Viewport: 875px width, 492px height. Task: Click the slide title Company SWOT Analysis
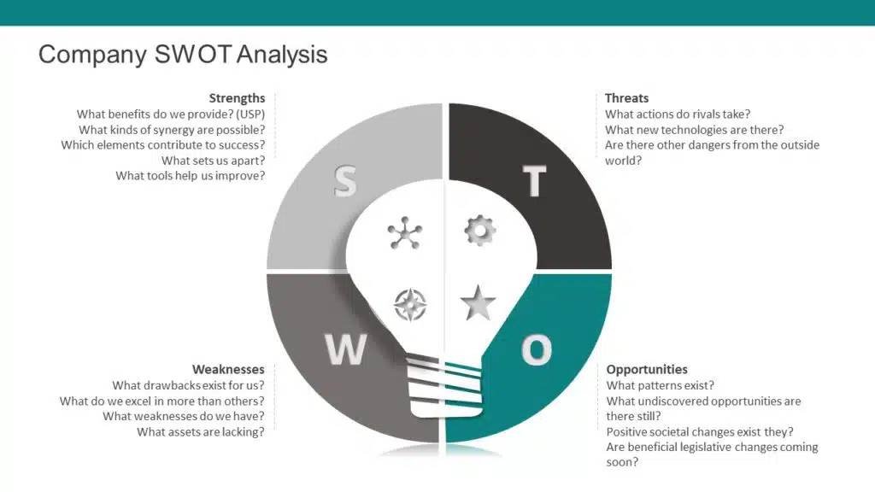point(183,55)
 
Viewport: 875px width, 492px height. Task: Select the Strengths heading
point(238,98)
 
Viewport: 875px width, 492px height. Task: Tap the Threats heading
point(626,98)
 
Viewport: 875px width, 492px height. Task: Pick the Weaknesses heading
point(228,369)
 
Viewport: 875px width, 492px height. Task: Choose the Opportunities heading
point(647,369)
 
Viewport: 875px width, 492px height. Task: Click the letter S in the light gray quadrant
point(345,181)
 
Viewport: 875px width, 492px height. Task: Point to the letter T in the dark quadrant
point(534,181)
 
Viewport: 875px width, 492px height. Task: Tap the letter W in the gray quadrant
point(346,349)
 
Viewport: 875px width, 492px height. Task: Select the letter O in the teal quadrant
point(537,349)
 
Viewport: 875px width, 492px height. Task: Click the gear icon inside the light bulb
point(479,231)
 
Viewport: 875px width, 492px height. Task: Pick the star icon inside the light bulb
point(479,303)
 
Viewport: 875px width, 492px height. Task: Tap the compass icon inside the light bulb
point(410,305)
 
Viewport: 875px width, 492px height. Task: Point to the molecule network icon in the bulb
point(405,232)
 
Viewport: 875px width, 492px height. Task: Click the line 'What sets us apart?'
point(213,161)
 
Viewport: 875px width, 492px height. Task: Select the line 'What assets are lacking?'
point(201,431)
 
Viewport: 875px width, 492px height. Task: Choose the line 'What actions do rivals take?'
point(678,114)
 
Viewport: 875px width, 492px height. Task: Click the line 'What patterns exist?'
point(661,385)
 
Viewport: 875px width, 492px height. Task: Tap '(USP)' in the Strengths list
point(250,114)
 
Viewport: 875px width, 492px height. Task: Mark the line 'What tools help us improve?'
point(191,176)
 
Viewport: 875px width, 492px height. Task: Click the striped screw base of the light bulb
point(444,387)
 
